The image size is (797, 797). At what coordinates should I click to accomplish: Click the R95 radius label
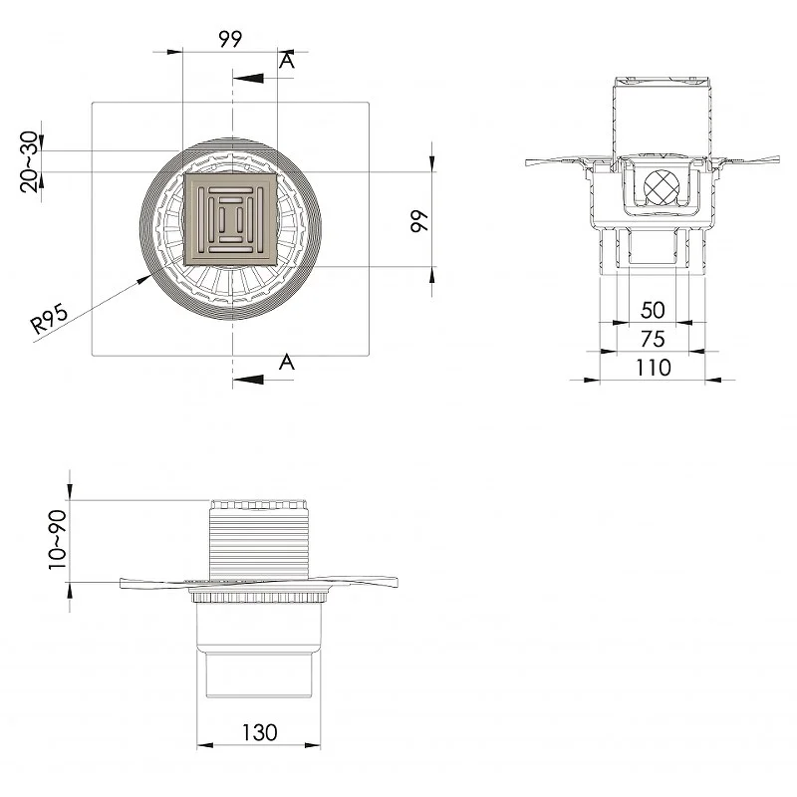(x=49, y=318)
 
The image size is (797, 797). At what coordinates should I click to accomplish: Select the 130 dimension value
(x=259, y=732)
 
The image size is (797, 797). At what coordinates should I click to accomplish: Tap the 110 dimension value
(x=654, y=368)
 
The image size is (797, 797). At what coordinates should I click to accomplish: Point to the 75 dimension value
(x=654, y=339)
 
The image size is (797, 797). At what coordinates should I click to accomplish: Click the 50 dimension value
(x=654, y=310)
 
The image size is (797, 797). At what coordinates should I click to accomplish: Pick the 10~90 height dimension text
(x=57, y=540)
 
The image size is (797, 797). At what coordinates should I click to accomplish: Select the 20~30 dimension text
(x=29, y=161)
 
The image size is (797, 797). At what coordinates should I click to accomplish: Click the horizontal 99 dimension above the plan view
(x=230, y=39)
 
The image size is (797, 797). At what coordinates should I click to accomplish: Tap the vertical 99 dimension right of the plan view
(x=419, y=220)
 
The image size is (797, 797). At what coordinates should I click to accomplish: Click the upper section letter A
(x=287, y=61)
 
